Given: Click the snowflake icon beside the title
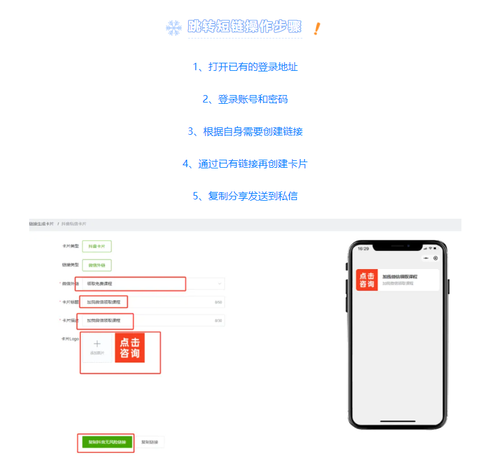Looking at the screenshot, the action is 173,27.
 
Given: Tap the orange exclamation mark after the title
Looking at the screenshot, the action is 317,29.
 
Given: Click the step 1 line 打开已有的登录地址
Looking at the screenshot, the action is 245,67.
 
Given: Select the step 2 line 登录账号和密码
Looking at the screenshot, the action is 245,99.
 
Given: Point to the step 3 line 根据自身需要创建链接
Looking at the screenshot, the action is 245,132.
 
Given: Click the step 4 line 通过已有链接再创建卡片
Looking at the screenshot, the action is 245,164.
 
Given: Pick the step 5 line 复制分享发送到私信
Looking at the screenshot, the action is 245,196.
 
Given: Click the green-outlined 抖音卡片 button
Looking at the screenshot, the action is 97,246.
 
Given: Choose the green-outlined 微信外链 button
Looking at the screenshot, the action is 97,265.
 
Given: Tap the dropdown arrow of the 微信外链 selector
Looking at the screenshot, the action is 219,283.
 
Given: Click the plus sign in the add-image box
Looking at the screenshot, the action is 97,344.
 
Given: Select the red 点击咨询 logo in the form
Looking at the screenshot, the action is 130,348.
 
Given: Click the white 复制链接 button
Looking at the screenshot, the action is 150,442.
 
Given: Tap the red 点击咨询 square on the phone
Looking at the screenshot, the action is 367,280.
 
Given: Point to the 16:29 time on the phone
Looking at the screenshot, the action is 363,249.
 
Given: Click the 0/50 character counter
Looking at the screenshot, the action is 218,303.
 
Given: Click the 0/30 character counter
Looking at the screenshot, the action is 218,321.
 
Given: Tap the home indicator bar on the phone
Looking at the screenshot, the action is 397,421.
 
